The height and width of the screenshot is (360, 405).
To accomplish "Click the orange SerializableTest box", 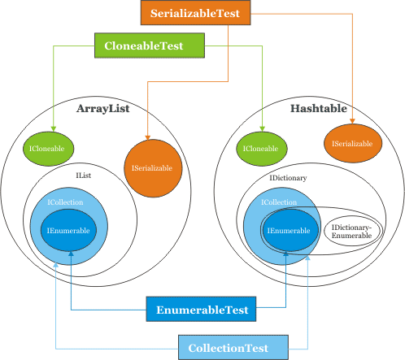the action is click(x=195, y=13).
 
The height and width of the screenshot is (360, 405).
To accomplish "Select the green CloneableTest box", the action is click(x=150, y=46).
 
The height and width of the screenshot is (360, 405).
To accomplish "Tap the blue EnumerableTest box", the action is click(x=201, y=309).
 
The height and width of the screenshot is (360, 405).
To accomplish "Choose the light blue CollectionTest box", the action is click(x=233, y=348).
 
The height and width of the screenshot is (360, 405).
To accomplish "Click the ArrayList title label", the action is click(x=102, y=109).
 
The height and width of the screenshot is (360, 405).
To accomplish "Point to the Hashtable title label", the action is click(x=319, y=108).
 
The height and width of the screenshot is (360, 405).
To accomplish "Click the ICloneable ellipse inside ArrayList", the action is click(x=48, y=149).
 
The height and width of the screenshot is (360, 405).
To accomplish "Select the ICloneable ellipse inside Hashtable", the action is click(x=262, y=149).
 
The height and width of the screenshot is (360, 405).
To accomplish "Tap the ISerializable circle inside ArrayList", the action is click(x=153, y=168).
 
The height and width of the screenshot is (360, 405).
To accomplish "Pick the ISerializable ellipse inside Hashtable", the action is click(x=353, y=143).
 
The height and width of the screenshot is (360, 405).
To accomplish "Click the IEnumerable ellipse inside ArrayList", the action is click(x=68, y=231).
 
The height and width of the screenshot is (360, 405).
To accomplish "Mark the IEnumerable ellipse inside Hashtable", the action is click(x=290, y=231).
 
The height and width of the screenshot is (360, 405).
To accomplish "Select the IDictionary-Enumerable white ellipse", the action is click(x=351, y=231).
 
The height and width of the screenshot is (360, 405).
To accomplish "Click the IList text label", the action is click(x=84, y=176).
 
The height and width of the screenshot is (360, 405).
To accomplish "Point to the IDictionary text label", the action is click(x=288, y=178).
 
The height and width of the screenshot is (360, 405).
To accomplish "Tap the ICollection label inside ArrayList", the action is click(x=65, y=202).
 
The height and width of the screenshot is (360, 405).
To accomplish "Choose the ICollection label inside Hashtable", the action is click(x=279, y=202).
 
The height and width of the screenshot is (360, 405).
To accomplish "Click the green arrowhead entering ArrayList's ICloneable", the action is click(x=54, y=129).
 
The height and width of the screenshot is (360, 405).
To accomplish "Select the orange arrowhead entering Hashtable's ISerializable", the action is click(x=352, y=121).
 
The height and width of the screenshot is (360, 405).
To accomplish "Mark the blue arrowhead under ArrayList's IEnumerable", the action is click(x=71, y=254).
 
